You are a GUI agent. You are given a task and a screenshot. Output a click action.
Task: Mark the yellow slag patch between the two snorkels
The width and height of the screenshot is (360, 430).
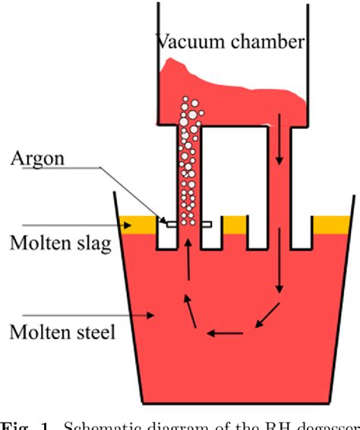click(x=234, y=223)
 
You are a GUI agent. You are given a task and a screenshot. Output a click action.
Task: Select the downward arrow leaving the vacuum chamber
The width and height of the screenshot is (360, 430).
click(x=279, y=140)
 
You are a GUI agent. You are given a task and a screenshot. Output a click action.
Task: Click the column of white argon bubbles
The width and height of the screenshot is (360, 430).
click(x=188, y=160)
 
